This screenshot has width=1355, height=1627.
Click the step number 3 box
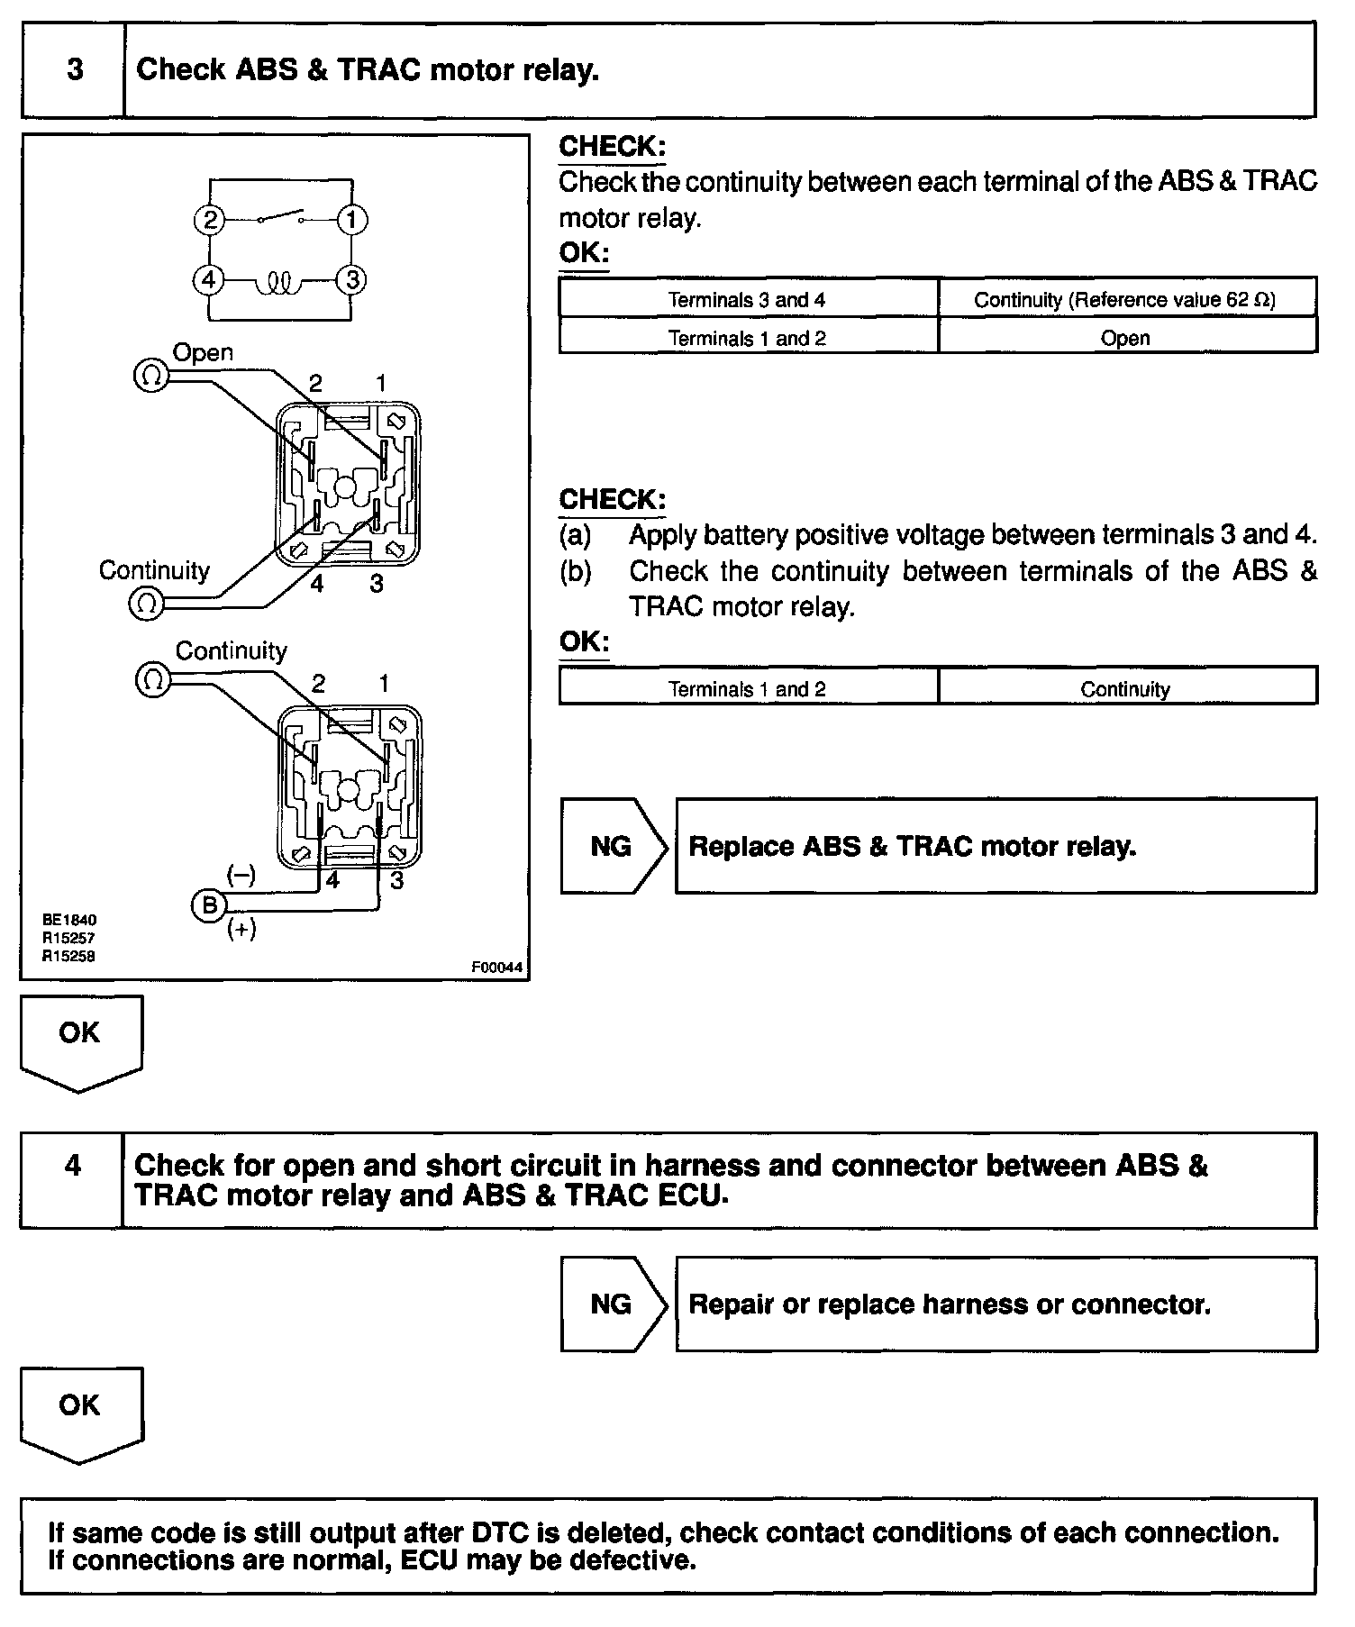point(74,70)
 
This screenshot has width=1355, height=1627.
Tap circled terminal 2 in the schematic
point(209,221)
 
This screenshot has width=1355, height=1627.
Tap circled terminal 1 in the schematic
point(351,221)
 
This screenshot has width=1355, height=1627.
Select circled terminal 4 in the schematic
point(209,280)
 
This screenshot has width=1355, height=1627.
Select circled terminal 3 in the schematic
point(351,280)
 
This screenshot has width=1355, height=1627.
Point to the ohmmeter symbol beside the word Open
point(150,376)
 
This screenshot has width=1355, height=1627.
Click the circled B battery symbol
point(209,904)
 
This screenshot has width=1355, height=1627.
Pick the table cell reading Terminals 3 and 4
point(747,300)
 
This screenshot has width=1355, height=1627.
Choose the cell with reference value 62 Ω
point(1125,300)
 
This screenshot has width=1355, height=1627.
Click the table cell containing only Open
point(1125,339)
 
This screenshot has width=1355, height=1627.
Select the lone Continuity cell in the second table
point(1125,689)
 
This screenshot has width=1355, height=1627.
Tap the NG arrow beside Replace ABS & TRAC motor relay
point(613,846)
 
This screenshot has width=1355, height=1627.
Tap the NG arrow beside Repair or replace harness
point(613,1304)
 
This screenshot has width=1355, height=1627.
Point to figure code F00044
point(496,968)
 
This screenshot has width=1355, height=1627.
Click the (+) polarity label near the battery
point(241,930)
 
